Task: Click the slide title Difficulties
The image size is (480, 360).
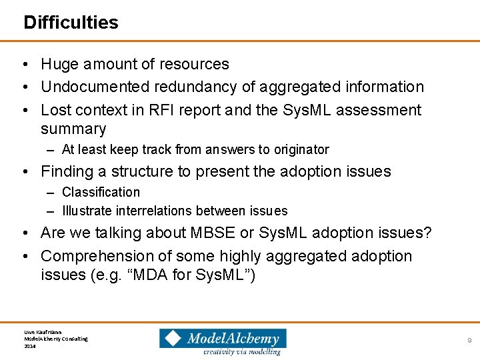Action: (x=71, y=23)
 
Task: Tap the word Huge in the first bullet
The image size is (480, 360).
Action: (x=59, y=65)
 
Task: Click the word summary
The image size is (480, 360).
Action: (x=73, y=129)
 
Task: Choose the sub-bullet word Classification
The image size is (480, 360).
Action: (x=101, y=193)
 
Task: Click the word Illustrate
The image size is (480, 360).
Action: (x=87, y=211)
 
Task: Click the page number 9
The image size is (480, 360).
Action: (x=469, y=341)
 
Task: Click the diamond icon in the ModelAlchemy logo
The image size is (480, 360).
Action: (x=173, y=339)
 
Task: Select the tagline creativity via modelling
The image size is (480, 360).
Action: (x=242, y=351)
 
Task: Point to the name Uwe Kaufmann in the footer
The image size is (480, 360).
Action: (x=43, y=331)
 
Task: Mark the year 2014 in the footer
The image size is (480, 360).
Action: (x=29, y=346)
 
